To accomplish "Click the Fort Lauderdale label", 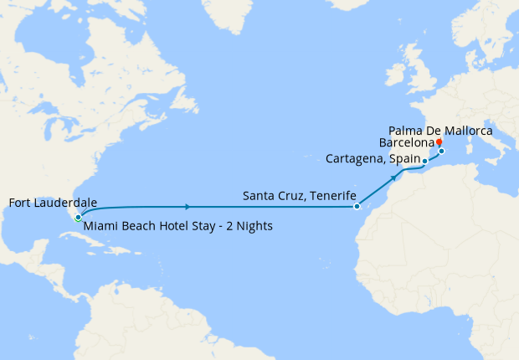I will pyautogui.click(x=52, y=203).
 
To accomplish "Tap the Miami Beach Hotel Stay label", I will pyautogui.click(x=177, y=226).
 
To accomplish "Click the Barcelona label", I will pyautogui.click(x=406, y=143).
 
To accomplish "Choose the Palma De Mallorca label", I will pyautogui.click(x=441, y=131).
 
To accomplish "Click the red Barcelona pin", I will pyautogui.click(x=439, y=141).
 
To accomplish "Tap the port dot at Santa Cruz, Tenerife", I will pyautogui.click(x=357, y=206).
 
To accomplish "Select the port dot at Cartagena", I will pyautogui.click(x=424, y=161).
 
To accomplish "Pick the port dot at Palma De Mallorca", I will pyautogui.click(x=441, y=152).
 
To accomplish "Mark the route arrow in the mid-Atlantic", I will pyautogui.click(x=186, y=206).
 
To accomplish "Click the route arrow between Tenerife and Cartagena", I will pyautogui.click(x=393, y=178).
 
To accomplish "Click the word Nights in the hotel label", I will pyautogui.click(x=252, y=226).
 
